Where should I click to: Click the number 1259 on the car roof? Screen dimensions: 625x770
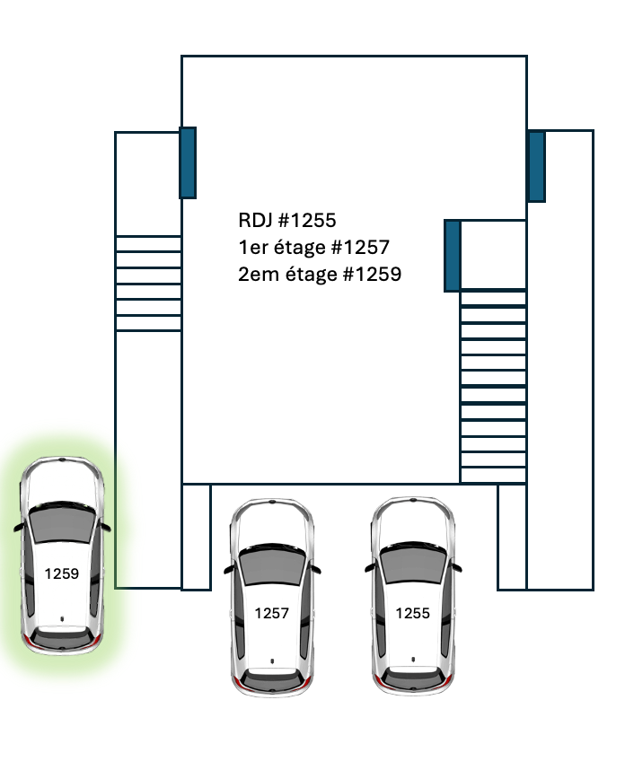click(x=61, y=573)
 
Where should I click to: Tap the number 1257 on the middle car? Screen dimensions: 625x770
click(x=272, y=613)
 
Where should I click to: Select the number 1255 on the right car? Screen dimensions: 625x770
click(x=413, y=613)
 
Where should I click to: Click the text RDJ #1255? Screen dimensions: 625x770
click(x=287, y=221)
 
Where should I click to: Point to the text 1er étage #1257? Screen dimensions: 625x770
click(x=314, y=248)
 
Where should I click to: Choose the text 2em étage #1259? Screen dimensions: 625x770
click(x=320, y=275)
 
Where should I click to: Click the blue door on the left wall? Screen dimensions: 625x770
click(x=188, y=163)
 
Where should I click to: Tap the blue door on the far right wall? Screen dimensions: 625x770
click(x=537, y=166)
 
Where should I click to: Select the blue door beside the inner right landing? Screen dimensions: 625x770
click(x=453, y=256)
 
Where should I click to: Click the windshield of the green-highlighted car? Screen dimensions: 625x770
click(x=62, y=523)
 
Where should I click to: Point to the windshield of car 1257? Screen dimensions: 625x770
click(x=272, y=564)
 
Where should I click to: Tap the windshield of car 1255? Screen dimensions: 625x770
click(x=413, y=564)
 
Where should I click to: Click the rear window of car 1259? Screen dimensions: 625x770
click(x=62, y=637)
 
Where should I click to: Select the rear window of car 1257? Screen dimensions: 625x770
click(x=272, y=678)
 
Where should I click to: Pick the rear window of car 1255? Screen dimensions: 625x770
click(x=413, y=678)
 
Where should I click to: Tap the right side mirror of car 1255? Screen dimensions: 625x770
click(x=455, y=567)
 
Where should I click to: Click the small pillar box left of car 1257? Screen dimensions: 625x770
click(x=197, y=537)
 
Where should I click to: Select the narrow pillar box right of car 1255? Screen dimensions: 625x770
click(x=512, y=537)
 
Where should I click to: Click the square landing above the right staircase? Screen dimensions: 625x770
click(x=493, y=255)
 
